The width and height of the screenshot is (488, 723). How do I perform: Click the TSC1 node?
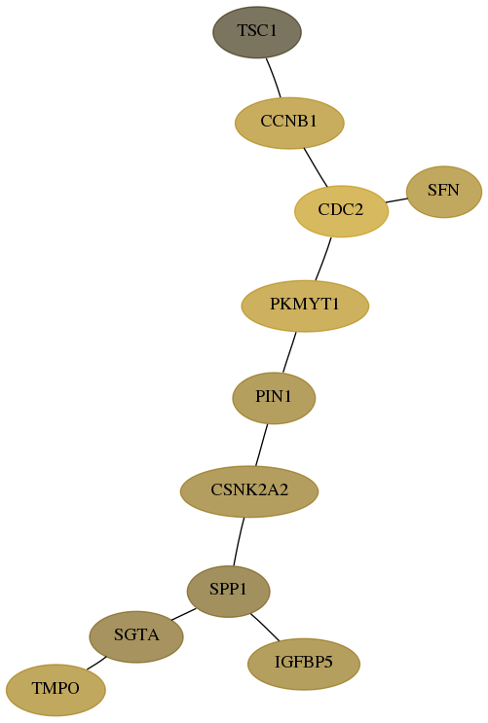257,32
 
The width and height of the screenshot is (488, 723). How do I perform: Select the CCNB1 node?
289,123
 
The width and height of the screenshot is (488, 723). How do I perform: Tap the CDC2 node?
341,211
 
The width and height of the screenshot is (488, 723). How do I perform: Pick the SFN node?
443,192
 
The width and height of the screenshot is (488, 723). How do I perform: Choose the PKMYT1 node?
305,306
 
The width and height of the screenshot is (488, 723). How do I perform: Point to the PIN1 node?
274,398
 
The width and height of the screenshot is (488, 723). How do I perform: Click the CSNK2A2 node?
249,491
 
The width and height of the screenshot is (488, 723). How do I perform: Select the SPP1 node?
228,591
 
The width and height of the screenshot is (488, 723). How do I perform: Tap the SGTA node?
136,636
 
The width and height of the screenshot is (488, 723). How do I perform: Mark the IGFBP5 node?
303,664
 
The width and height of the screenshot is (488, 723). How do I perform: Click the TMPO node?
56,690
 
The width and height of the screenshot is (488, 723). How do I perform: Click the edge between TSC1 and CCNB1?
274,78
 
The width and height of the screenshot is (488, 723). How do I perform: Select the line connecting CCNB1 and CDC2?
316,167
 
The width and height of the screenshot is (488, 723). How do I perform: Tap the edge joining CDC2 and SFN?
396,200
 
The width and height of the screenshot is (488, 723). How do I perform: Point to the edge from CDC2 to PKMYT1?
323,259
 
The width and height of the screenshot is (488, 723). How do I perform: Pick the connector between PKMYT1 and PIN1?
289,352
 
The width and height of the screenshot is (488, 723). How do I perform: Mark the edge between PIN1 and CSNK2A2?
261,445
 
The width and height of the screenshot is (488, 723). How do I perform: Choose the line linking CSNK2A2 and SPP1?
239,541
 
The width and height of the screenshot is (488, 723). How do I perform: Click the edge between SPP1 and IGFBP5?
265,627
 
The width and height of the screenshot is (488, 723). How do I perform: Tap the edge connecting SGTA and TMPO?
96,663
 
